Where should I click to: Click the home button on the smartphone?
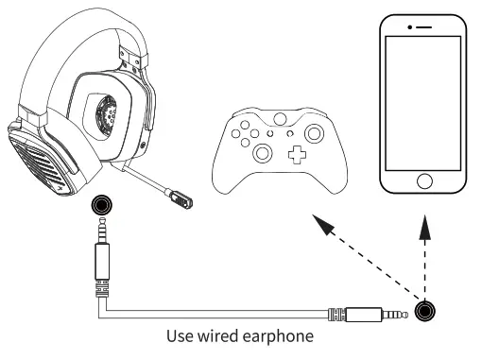coord(424,180)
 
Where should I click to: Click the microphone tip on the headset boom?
coord(183,200)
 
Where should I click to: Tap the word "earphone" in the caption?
coord(284,336)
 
